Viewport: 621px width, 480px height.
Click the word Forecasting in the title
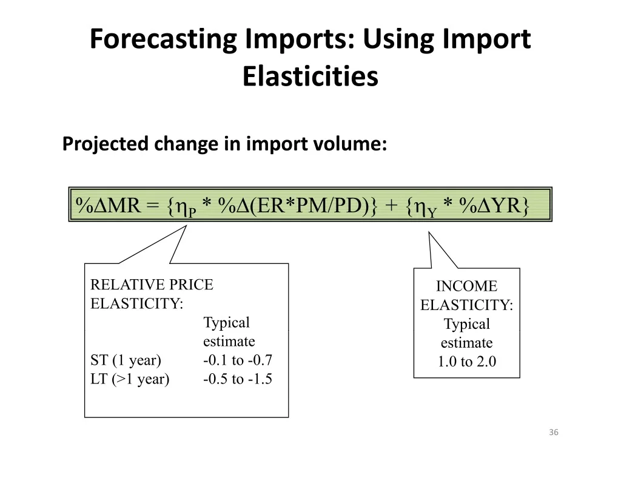tap(163, 40)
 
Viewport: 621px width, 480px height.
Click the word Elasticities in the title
tap(310, 76)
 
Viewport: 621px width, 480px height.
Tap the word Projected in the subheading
tap(105, 144)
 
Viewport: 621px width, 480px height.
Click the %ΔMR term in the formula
tap(108, 205)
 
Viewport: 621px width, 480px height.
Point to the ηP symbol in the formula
tap(186, 208)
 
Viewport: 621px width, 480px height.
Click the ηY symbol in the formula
tap(426, 208)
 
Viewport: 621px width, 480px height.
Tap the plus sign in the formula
tap(391, 206)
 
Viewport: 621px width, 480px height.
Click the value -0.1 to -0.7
tap(238, 360)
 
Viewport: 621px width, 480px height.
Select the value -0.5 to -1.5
tap(238, 379)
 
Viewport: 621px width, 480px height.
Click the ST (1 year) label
tap(126, 360)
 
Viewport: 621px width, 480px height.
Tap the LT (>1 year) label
tap(130, 379)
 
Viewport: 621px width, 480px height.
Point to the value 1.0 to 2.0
tap(467, 362)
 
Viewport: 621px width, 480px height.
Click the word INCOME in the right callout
tap(467, 286)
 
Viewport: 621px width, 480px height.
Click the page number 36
tap(554, 432)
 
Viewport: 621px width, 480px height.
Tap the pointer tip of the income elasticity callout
tap(429, 232)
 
